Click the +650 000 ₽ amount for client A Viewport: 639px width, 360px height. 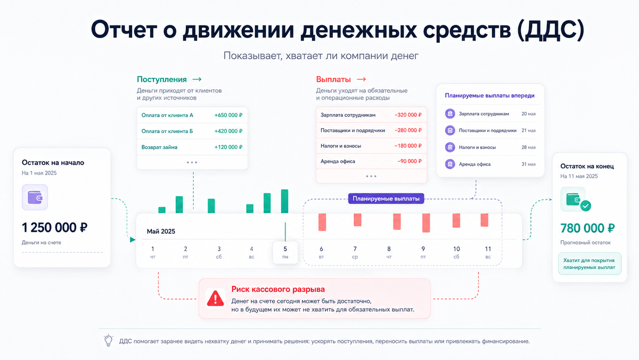pyautogui.click(x=228, y=115)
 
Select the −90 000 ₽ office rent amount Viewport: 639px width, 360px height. pyautogui.click(x=409, y=161)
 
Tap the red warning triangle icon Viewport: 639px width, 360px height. pyautogui.click(x=215, y=298)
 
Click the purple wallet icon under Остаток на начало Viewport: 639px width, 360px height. pyautogui.click(x=35, y=197)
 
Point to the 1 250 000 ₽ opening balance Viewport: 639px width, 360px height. pyautogui.click(x=54, y=227)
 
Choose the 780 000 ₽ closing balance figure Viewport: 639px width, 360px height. pyautogui.click(x=587, y=228)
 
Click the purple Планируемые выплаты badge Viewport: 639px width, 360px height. pyautogui.click(x=386, y=199)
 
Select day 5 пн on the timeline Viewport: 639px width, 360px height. pyautogui.click(x=285, y=252)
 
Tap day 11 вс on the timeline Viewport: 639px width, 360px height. pyautogui.click(x=488, y=252)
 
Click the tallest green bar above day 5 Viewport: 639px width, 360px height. pyautogui.click(x=284, y=201)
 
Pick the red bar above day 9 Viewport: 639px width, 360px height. pyautogui.click(x=426, y=223)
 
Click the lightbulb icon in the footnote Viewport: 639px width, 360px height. pyautogui.click(x=109, y=340)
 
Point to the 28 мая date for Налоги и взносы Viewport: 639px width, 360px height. pyautogui.click(x=528, y=148)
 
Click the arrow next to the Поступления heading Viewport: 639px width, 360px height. pyautogui.click(x=197, y=79)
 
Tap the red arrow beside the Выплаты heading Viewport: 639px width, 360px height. pyautogui.click(x=361, y=79)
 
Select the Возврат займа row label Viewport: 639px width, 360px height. pyautogui.click(x=159, y=147)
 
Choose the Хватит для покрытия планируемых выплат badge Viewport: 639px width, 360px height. pyautogui.click(x=589, y=264)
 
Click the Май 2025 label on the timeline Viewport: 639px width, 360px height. pyautogui.click(x=161, y=231)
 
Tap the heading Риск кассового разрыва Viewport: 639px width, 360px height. pyautogui.click(x=278, y=289)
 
